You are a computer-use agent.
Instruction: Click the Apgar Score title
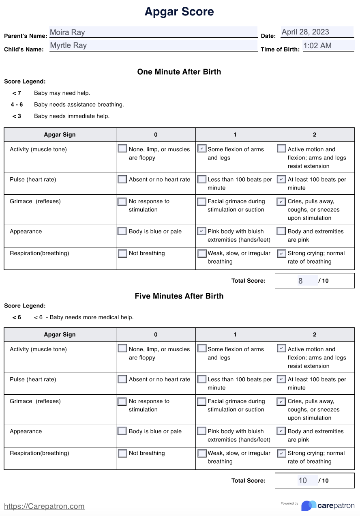click(179, 12)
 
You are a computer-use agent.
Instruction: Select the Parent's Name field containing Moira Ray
click(153, 32)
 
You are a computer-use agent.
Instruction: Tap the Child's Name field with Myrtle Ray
click(153, 45)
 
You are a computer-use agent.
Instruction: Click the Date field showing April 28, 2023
click(317, 32)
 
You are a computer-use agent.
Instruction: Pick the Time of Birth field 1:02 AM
click(328, 45)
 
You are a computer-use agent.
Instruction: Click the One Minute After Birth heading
click(179, 72)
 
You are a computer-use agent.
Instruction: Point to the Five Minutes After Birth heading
click(179, 296)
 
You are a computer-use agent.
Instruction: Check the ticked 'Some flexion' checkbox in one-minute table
click(202, 148)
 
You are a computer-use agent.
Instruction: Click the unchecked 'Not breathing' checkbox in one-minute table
click(122, 254)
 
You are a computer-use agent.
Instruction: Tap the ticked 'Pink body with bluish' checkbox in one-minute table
click(201, 231)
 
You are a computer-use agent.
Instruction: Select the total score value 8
click(300, 281)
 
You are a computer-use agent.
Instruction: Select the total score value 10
click(303, 481)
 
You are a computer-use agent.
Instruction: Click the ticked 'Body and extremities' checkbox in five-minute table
click(281, 431)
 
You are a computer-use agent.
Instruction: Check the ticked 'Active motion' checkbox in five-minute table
click(281, 348)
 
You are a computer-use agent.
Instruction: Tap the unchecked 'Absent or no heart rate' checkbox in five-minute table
click(122, 379)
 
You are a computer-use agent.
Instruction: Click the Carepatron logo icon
click(309, 505)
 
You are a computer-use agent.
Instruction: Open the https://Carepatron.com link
click(44, 506)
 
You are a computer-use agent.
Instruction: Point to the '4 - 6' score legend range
click(17, 105)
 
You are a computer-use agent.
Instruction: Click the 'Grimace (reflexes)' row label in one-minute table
click(35, 201)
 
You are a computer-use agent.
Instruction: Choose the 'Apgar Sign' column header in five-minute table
click(60, 335)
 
